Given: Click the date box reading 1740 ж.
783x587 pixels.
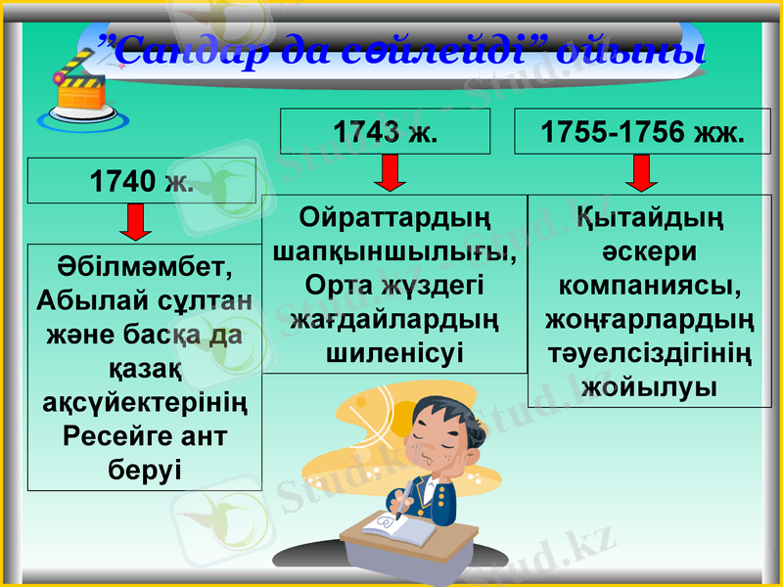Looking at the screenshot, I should (x=141, y=181).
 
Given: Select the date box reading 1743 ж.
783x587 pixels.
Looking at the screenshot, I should (x=385, y=132).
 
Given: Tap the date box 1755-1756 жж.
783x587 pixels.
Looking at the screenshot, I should (x=643, y=132).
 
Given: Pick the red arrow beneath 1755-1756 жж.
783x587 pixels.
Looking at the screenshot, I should (x=642, y=173).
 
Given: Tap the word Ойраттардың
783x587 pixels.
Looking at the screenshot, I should (x=395, y=216).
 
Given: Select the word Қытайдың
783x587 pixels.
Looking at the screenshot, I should (x=642, y=217).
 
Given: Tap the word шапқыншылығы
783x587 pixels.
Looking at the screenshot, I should (x=395, y=250).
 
